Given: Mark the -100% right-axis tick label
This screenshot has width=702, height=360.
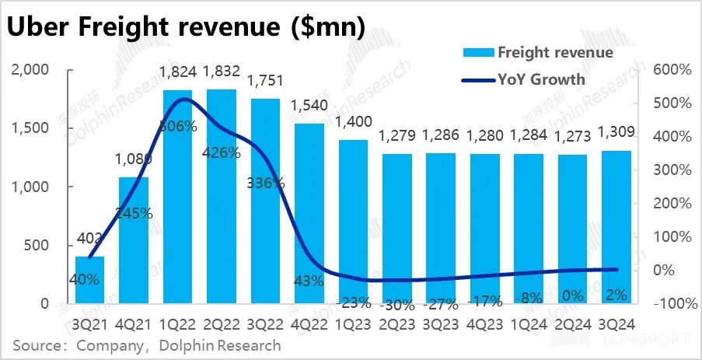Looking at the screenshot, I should tap(670, 304).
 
